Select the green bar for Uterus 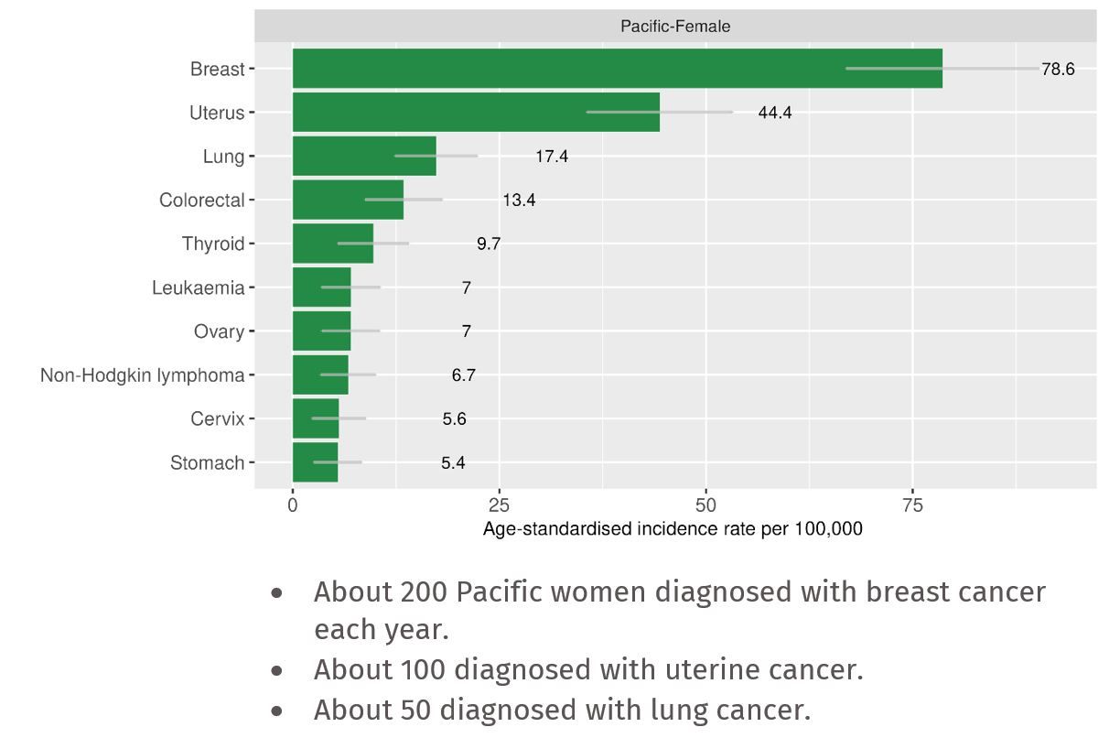(476, 113)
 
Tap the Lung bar (364, 157)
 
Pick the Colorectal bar (348, 200)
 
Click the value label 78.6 (1058, 70)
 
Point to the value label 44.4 (775, 114)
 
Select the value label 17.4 (552, 157)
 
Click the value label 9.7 (489, 244)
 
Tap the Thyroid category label (213, 244)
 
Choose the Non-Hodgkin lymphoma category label (143, 375)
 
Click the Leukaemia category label (199, 288)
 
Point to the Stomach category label (208, 463)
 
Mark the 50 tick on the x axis (705, 505)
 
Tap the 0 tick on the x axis (293, 505)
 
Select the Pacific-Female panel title (675, 27)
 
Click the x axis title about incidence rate (673, 528)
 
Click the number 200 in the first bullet (424, 592)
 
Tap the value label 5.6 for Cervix (454, 419)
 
